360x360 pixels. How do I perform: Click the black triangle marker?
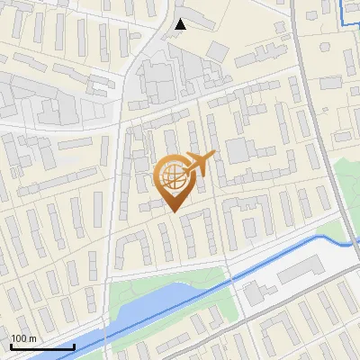(181, 23)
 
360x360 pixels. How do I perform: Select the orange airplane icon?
(201, 162)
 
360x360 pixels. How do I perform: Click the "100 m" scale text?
(23, 338)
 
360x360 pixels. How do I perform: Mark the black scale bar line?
(41, 346)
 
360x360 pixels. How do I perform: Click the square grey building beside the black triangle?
(219, 49)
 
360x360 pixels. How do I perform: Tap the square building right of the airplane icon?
(238, 149)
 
